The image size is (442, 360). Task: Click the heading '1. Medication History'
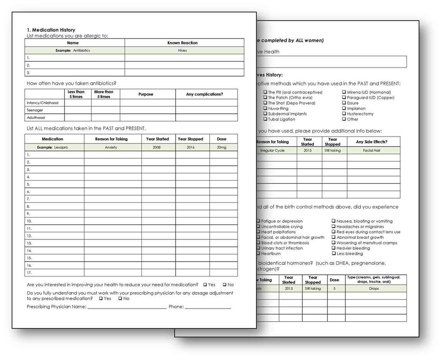click(51, 30)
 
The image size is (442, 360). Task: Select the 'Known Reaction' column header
click(182, 43)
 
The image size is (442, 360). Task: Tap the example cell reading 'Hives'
click(182, 51)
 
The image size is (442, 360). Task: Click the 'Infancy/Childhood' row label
click(43, 103)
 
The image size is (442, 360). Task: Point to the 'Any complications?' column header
click(204, 94)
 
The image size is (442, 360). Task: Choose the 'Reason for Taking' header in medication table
click(111, 139)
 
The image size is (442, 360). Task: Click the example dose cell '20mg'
click(221, 147)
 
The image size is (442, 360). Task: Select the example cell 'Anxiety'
click(111, 147)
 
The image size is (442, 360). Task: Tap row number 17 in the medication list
click(29, 273)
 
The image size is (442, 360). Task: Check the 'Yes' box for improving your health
click(205, 285)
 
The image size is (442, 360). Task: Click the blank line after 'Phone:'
click(208, 307)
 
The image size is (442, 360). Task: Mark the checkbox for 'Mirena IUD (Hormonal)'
click(344, 92)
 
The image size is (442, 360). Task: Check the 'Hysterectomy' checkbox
click(344, 114)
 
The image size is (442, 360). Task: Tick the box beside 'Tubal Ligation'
click(265, 119)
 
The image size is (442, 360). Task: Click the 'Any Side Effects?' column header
click(371, 142)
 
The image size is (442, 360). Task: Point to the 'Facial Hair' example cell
click(371, 151)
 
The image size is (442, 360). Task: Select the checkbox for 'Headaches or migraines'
click(334, 227)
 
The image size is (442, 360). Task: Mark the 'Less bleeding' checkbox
click(334, 254)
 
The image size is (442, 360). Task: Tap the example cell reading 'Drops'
click(374, 289)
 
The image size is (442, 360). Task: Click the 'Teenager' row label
click(35, 110)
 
